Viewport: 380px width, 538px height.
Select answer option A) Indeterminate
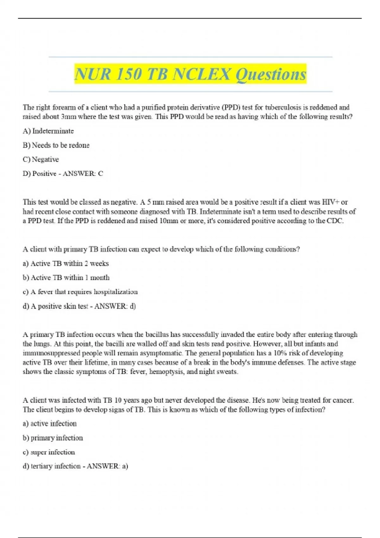click(x=48, y=131)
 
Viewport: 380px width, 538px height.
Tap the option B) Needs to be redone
click(x=56, y=145)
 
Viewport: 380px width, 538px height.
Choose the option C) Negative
click(x=41, y=160)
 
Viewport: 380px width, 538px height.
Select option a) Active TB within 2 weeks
click(x=66, y=263)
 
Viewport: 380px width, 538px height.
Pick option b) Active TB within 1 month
click(x=66, y=278)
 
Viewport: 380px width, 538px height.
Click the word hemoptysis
click(x=166, y=372)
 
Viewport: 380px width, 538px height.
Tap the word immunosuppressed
click(x=48, y=353)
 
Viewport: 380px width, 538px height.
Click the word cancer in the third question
click(x=343, y=400)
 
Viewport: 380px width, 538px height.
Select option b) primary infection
click(x=53, y=438)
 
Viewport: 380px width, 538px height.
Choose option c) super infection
click(x=49, y=452)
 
